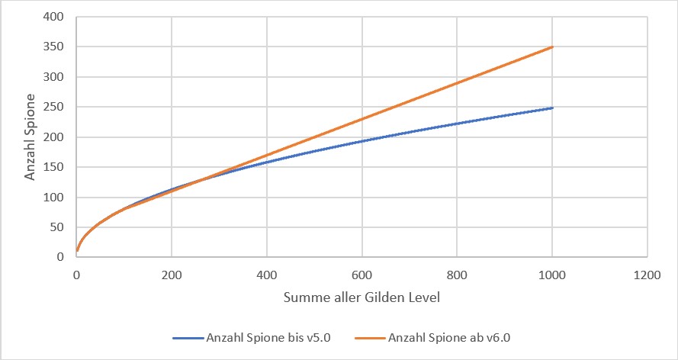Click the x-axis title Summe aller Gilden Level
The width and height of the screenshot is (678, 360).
tap(361, 298)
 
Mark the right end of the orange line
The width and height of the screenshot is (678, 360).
tap(552, 47)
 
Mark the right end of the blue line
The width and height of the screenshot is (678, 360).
tap(552, 108)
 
